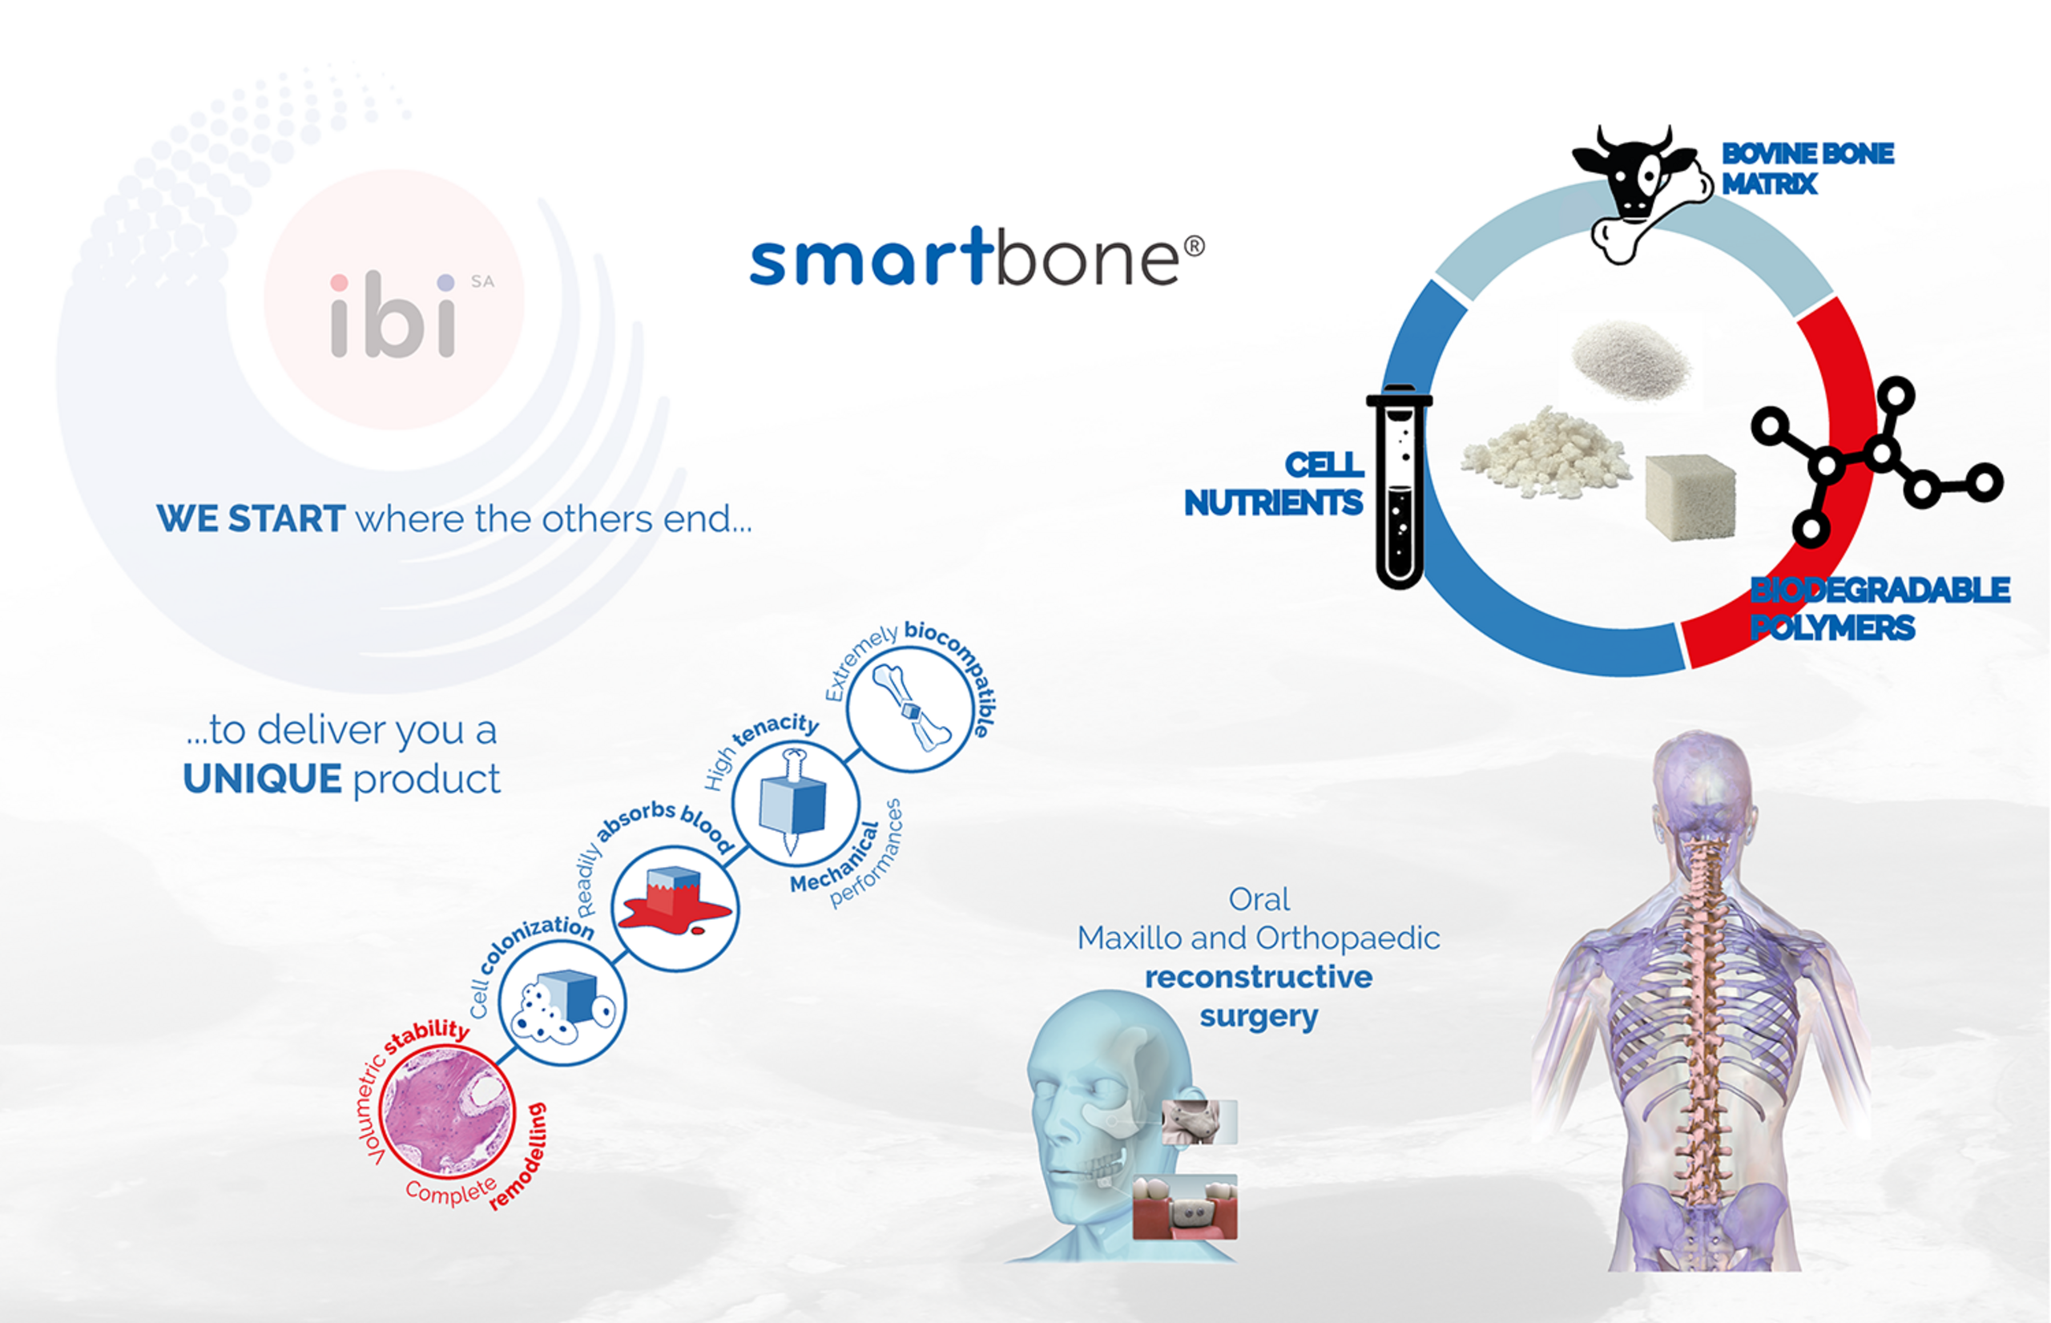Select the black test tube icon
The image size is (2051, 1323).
(x=1399, y=486)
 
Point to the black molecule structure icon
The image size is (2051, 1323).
(x=1876, y=461)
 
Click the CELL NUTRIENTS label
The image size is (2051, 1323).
(x=1274, y=484)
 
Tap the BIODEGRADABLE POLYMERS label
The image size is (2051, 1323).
(x=1880, y=609)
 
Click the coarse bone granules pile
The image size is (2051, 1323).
(x=1545, y=453)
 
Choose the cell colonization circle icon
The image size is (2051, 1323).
(x=562, y=1003)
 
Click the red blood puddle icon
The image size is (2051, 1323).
(x=675, y=909)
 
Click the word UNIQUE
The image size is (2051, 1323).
(x=263, y=779)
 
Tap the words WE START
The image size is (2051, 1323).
(x=251, y=519)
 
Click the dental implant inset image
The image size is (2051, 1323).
(x=1185, y=1207)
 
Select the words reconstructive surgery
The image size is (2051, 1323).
(x=1259, y=997)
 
